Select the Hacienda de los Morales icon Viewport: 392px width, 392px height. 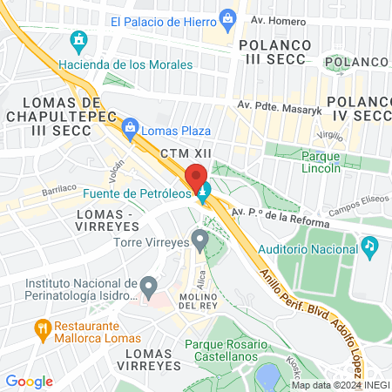pos(79,40)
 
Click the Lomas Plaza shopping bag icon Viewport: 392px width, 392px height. pos(131,130)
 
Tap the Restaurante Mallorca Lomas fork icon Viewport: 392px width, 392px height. pos(40,328)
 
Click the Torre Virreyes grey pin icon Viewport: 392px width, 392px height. pos(201,239)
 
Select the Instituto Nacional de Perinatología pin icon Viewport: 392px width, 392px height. pos(149,285)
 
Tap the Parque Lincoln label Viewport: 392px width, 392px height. pos(320,162)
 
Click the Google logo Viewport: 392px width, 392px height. pos(29,381)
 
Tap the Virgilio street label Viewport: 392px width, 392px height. pos(331,136)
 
